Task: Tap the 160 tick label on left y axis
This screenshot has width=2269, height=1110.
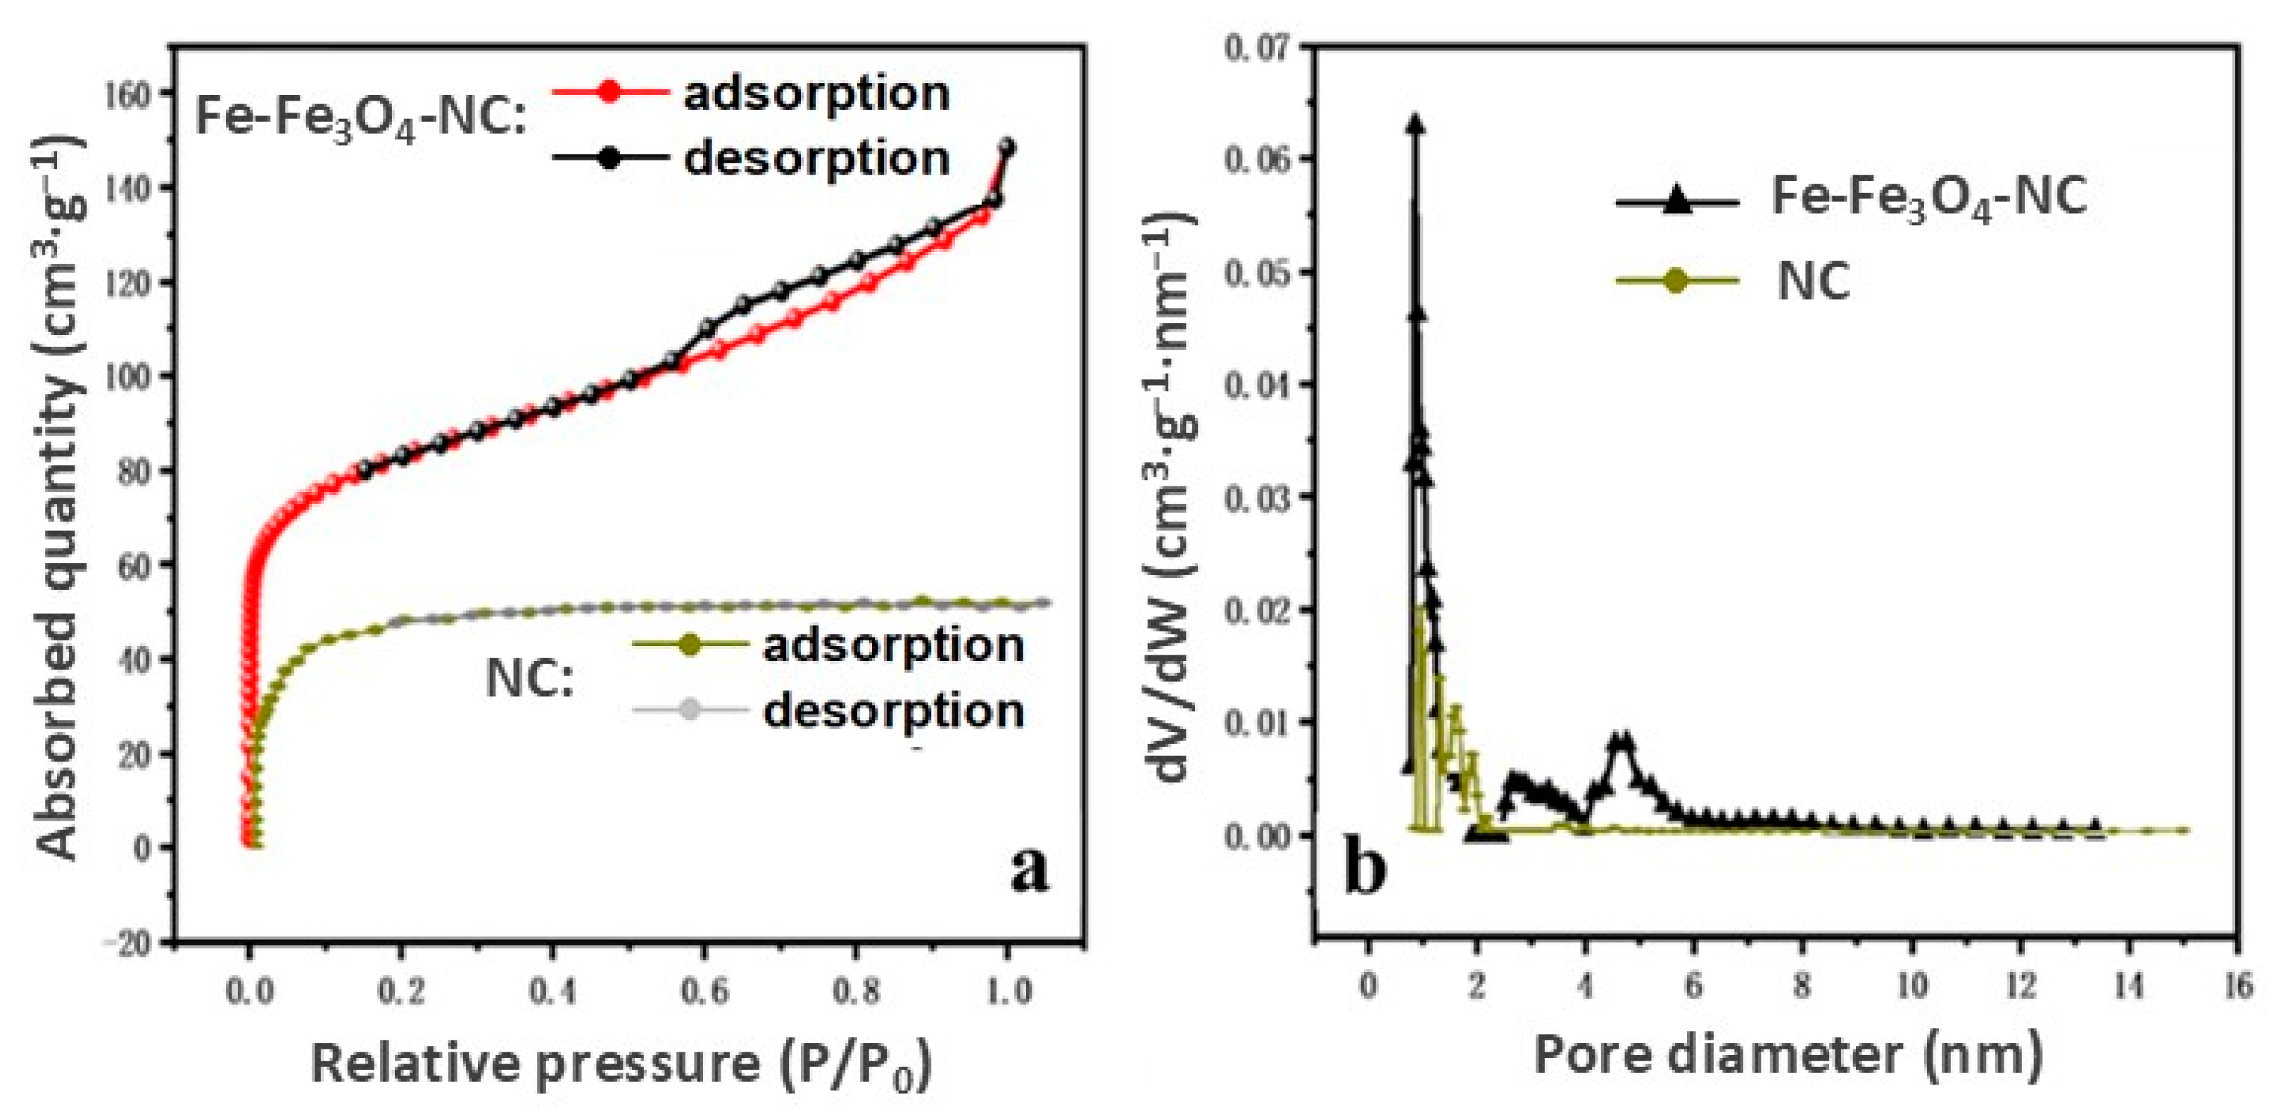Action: pos(129,94)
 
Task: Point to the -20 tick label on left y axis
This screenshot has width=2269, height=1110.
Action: pos(127,943)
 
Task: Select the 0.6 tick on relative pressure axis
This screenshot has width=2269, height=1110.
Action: pos(704,992)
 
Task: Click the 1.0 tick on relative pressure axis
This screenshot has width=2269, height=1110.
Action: pos(1009,992)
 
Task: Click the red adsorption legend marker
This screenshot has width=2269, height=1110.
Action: pos(609,92)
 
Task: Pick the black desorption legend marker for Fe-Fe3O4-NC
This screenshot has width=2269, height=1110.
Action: pos(609,158)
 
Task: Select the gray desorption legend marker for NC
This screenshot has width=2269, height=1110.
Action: pos(690,710)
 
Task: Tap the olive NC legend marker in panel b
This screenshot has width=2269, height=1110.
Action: pos(1677,280)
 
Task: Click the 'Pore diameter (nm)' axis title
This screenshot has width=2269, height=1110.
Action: pos(1788,1054)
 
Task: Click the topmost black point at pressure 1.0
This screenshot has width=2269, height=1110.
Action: pos(1009,147)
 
